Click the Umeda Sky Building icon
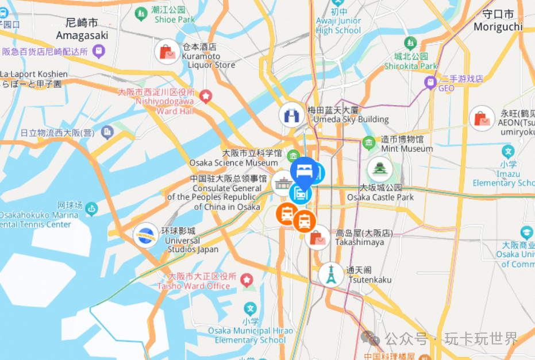coord(291,115)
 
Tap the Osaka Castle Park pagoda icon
coord(380,169)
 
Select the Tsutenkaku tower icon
coord(331,275)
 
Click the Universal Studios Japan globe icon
coord(145,235)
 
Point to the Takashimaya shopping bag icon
coord(318,238)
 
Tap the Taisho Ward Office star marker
coord(247,281)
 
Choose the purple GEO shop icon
coord(430,84)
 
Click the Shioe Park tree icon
coord(141,13)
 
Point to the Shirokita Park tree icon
coord(410,43)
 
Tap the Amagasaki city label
coord(82,29)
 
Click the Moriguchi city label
coord(498,21)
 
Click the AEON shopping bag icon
coord(482,119)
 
